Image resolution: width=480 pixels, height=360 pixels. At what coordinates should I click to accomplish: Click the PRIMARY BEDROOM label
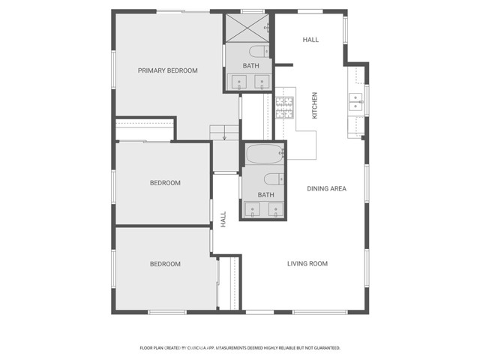click(x=167, y=70)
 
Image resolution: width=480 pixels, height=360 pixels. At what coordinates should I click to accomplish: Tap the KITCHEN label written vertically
click(x=315, y=105)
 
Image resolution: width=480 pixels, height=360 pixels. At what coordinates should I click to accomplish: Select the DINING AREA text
click(x=326, y=188)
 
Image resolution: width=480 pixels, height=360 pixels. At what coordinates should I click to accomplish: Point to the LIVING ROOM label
click(x=307, y=263)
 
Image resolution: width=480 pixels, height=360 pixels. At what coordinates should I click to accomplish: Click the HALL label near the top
click(x=310, y=39)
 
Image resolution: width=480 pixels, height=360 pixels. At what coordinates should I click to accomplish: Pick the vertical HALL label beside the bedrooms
click(x=223, y=219)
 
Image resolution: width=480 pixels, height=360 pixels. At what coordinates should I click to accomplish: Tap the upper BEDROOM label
click(x=164, y=183)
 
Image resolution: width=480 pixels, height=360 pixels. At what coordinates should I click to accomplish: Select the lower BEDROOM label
click(x=164, y=264)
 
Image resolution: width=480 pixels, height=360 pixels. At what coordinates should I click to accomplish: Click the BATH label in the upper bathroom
click(x=250, y=66)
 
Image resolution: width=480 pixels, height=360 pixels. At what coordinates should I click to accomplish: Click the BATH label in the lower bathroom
click(x=265, y=195)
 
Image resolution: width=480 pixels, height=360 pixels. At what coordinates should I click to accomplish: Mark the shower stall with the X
click(x=247, y=28)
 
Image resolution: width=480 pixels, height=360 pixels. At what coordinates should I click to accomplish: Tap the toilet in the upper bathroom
click(x=258, y=51)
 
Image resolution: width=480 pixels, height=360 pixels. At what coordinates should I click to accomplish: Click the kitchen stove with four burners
click(x=284, y=108)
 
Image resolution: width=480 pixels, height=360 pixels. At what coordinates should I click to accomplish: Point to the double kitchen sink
click(x=355, y=102)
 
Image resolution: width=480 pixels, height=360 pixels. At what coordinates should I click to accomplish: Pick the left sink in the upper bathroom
click(x=241, y=82)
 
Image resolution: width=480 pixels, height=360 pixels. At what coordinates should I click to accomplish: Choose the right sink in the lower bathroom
click(x=276, y=211)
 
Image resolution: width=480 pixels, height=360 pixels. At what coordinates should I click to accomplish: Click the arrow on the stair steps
click(x=223, y=136)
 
